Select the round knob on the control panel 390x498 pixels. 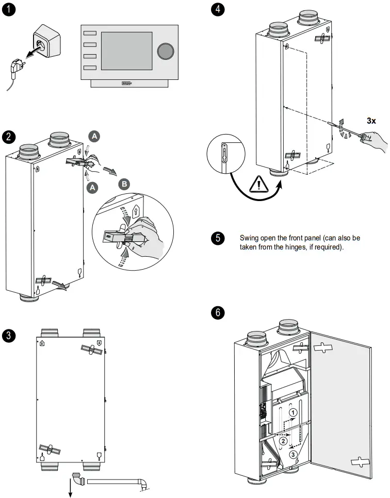pos(165,51)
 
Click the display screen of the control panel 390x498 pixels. pos(126,50)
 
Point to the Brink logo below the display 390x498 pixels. pos(127,82)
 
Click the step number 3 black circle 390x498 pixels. pos(9,336)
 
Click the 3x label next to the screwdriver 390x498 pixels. pos(372,121)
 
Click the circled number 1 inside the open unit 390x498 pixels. pos(293,412)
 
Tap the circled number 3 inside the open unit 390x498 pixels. pos(293,454)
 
